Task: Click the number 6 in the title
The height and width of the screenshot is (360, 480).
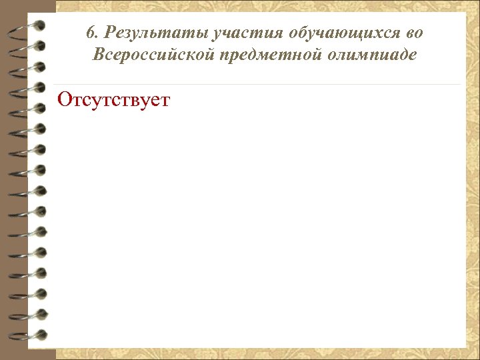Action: click(x=91, y=33)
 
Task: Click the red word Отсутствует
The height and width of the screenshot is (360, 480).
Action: click(x=114, y=101)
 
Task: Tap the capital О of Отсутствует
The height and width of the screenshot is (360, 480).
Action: click(x=65, y=101)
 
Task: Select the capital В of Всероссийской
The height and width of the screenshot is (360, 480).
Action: click(x=99, y=55)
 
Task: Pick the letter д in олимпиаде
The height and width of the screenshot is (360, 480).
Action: click(x=405, y=55)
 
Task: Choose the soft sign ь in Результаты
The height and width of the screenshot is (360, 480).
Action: click(x=153, y=33)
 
